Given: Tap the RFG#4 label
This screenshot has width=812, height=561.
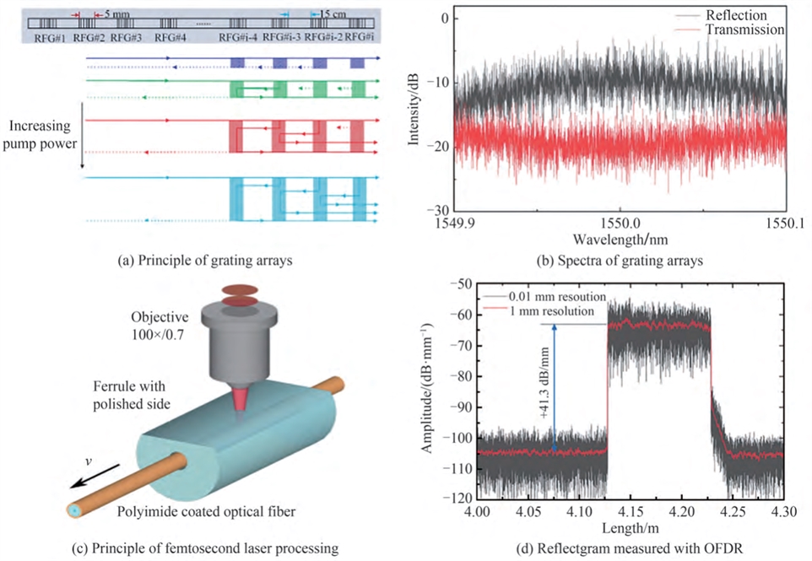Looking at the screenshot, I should [x=169, y=38].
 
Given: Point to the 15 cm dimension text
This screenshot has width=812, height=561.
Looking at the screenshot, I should [x=334, y=15].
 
